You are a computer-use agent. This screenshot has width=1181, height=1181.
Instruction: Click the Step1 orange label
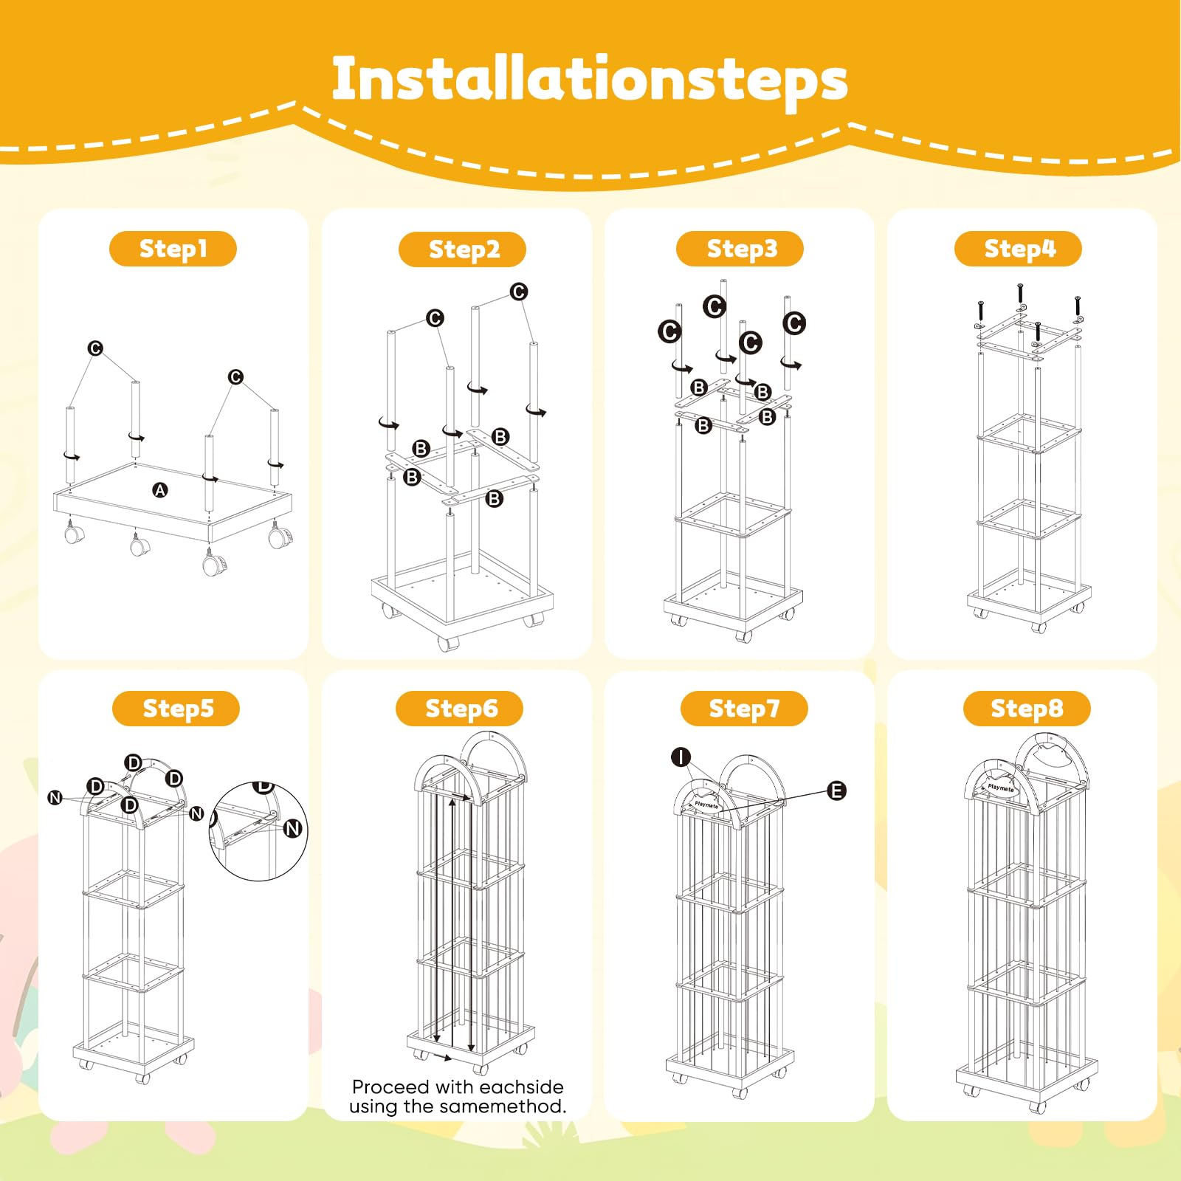[173, 249]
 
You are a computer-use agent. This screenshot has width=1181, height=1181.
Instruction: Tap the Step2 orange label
[462, 249]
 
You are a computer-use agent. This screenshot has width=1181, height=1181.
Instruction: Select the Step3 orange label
[740, 249]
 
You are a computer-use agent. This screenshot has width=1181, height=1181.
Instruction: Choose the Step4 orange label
[1018, 249]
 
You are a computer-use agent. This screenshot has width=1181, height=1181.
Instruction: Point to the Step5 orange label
[176, 709]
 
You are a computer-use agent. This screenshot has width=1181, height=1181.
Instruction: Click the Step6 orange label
[459, 709]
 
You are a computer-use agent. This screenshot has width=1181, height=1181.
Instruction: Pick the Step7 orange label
[744, 709]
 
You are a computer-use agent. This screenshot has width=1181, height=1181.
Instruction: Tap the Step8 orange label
[1027, 709]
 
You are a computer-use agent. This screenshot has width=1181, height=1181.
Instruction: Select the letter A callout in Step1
[160, 490]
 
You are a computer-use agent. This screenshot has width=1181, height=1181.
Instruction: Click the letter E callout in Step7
[836, 791]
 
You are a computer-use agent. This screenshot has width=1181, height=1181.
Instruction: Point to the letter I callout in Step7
[681, 757]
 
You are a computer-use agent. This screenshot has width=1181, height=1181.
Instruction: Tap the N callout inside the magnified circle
[293, 829]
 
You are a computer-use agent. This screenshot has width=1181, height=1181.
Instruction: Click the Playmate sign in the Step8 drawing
[1001, 787]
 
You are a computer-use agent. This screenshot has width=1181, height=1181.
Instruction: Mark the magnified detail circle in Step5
[258, 831]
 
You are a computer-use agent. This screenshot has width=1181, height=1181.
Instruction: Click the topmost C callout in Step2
[519, 292]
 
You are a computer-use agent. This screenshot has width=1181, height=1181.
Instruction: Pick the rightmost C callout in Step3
[794, 323]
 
